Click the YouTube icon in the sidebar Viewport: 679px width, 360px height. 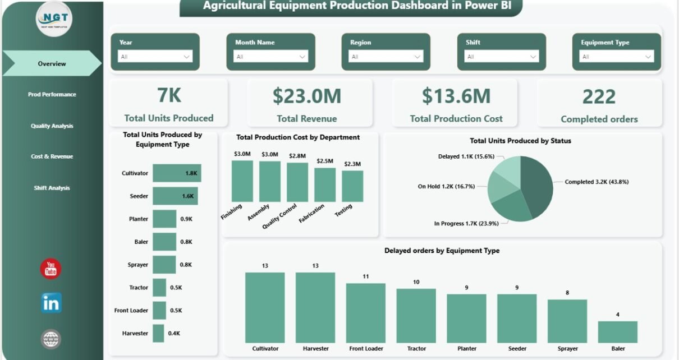51,269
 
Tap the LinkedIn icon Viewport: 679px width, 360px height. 51,303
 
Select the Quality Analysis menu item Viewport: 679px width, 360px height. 52,126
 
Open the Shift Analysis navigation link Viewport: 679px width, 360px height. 52,188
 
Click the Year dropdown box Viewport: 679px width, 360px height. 155,57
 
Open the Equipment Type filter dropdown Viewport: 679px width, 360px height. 617,57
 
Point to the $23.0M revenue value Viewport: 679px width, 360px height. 306,96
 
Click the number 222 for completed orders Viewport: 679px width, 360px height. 599,96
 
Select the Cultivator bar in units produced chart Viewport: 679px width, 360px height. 177,173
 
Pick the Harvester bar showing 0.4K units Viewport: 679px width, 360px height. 158,333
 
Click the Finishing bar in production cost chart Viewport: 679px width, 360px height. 242,181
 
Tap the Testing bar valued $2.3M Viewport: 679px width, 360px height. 352,186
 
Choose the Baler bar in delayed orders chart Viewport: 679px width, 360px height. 617,332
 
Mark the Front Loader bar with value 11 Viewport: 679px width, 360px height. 366,313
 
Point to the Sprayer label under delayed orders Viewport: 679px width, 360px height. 567,348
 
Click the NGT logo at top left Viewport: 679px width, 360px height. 54,20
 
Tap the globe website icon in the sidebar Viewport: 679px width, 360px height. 51,339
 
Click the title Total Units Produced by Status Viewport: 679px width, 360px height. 520,141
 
